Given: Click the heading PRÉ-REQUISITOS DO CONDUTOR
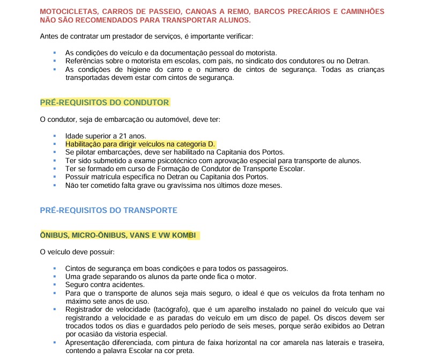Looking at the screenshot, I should click(105, 102).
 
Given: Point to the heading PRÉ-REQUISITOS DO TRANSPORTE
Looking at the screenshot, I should click(108, 210).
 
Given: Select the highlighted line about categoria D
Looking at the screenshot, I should click(140, 144).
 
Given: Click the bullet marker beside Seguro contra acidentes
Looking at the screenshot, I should click(54, 284).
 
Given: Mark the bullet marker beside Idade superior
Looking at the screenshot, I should click(54, 136).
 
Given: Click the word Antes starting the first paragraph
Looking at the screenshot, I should click(50, 36).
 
